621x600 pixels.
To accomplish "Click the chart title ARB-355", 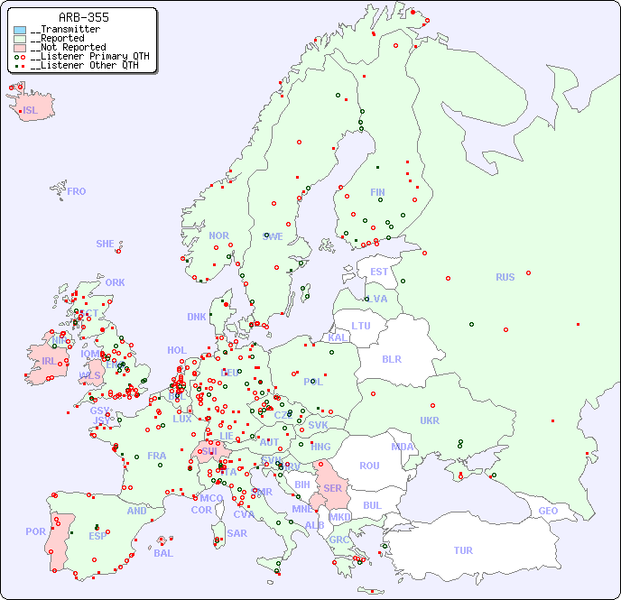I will click(x=83, y=17).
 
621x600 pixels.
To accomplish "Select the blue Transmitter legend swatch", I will click(x=20, y=30).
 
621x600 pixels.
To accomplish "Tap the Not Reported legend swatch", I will click(x=20, y=48).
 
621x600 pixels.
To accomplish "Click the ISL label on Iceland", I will click(x=31, y=111).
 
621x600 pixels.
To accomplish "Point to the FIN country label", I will click(x=377, y=192).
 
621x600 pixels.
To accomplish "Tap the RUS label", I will click(x=505, y=277).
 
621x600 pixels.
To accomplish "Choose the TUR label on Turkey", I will click(x=463, y=550).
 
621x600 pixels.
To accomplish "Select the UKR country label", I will click(x=430, y=420).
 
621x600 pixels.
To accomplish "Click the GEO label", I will click(x=548, y=511).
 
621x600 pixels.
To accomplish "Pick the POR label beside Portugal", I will click(x=35, y=532).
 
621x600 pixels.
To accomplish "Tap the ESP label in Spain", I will click(x=97, y=536).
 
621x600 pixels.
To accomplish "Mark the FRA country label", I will click(x=157, y=456).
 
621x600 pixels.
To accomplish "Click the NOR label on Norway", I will click(x=218, y=235).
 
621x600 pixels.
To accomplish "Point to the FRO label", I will click(x=77, y=191).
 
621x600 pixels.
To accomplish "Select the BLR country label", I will click(x=392, y=359).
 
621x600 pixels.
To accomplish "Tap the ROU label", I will click(x=369, y=466).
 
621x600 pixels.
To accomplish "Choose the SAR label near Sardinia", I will click(x=237, y=533).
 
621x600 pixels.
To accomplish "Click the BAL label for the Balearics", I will click(x=163, y=553).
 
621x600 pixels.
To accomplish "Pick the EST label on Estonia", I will click(x=379, y=272).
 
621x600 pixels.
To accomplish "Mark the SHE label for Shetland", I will click(x=106, y=244).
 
